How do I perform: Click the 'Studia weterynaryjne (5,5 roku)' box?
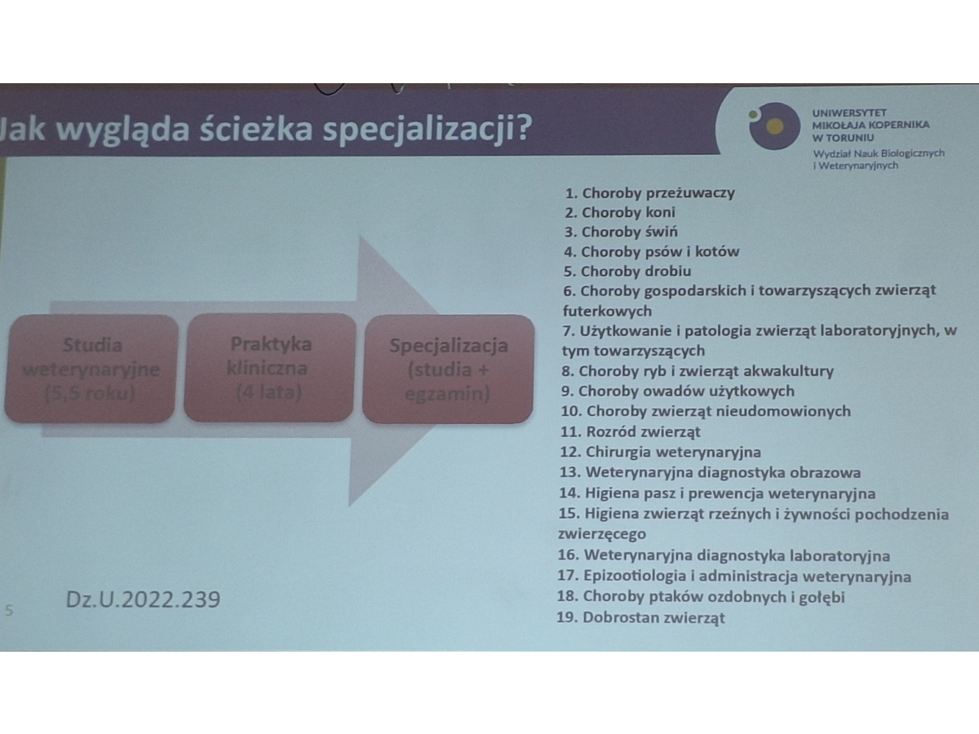(x=91, y=369)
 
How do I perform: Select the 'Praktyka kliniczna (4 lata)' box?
(x=269, y=368)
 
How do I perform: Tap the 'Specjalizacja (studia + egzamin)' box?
(x=448, y=369)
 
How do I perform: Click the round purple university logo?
(x=775, y=126)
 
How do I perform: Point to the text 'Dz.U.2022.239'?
(x=143, y=599)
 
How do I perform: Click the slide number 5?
(x=9, y=610)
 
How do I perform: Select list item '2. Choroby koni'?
(x=620, y=213)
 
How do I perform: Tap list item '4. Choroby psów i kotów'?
(x=652, y=252)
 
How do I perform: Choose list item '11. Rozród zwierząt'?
(x=631, y=431)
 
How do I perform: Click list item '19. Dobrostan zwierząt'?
(x=641, y=617)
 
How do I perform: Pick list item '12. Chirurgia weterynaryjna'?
(x=661, y=452)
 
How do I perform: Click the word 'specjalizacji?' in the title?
(x=427, y=130)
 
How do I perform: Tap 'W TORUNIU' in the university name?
(x=843, y=138)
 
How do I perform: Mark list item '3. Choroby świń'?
(x=621, y=232)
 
